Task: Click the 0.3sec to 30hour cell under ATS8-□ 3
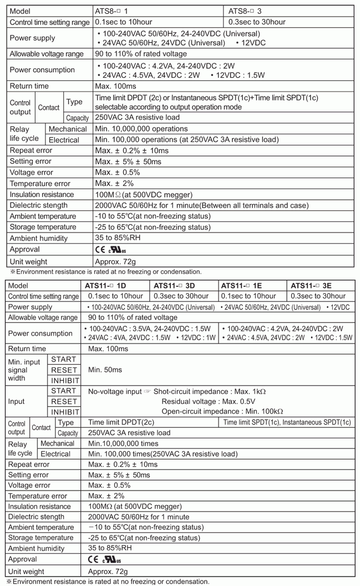pos(257,22)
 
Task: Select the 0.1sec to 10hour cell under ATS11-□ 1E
pos(248,296)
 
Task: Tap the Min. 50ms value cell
pos(105,370)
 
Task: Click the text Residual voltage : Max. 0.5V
pos(208,401)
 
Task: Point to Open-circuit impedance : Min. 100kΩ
pos(222,412)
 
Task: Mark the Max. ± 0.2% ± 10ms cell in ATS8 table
pos(131,150)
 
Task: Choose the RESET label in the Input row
pos(64,401)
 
